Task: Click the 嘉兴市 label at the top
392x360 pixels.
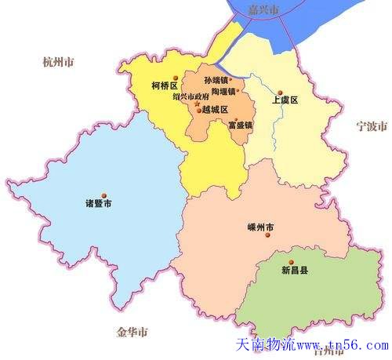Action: click(263, 10)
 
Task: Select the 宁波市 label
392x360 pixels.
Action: click(368, 125)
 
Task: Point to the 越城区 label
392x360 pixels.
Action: click(215, 111)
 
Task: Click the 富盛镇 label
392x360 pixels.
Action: click(240, 125)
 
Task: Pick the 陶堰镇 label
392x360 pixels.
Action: click(223, 91)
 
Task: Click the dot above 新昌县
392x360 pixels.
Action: click(290, 261)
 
